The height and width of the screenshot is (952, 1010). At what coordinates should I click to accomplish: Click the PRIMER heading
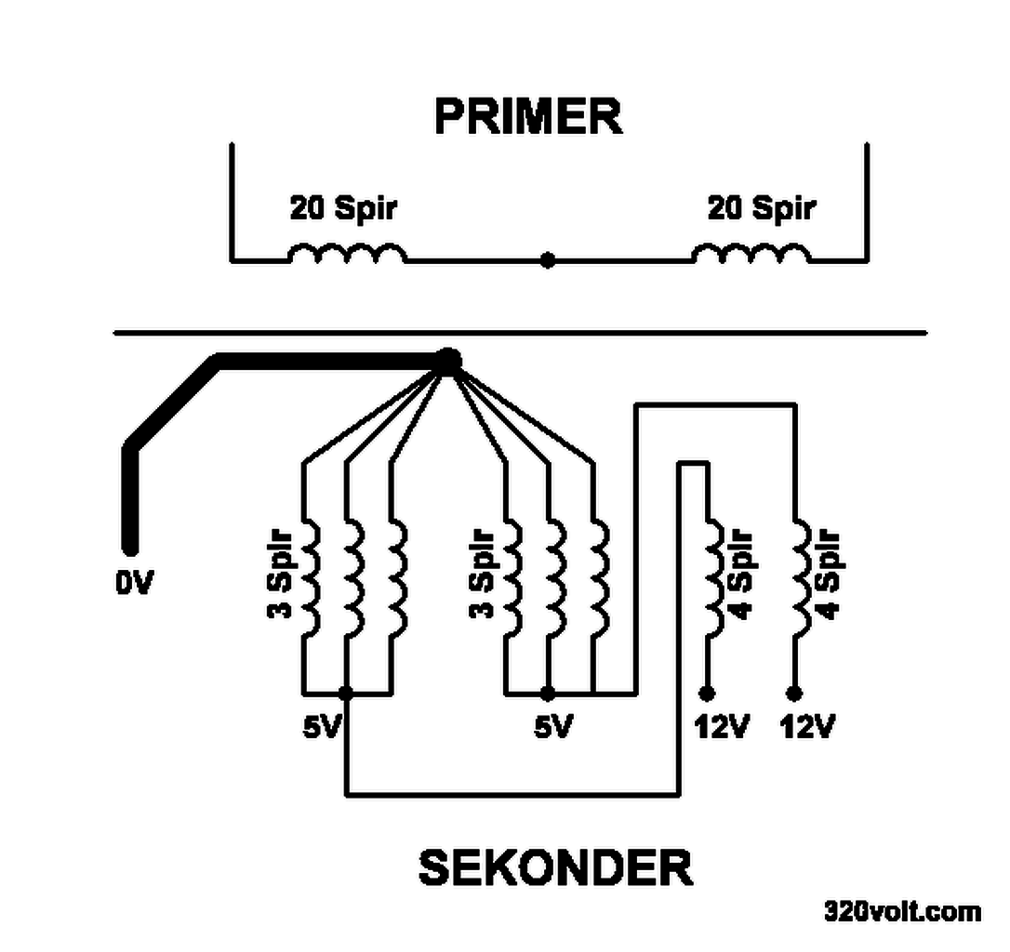click(528, 117)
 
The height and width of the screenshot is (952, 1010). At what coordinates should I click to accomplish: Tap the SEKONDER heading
click(555, 868)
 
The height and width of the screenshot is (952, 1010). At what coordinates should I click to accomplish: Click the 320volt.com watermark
click(901, 911)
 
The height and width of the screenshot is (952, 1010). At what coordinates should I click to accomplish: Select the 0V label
click(134, 583)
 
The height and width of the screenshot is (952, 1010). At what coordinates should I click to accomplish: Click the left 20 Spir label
click(343, 207)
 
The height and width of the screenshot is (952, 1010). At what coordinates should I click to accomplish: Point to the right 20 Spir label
click(762, 207)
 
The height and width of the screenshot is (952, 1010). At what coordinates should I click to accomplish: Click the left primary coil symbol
click(346, 254)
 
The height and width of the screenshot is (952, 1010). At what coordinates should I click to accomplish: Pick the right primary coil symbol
click(751, 254)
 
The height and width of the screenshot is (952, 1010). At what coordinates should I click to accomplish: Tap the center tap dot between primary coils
click(548, 261)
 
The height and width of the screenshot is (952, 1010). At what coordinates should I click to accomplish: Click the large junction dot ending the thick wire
click(448, 361)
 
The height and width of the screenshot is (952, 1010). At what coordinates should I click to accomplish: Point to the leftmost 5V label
click(323, 726)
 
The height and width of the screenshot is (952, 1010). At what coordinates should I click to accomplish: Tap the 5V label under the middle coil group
click(552, 726)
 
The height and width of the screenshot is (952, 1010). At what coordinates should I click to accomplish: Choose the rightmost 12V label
click(806, 726)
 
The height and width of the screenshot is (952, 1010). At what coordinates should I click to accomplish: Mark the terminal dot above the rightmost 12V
click(793, 694)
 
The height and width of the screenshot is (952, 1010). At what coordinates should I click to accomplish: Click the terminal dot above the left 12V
click(707, 694)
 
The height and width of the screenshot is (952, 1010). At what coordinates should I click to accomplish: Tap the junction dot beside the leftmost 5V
click(346, 694)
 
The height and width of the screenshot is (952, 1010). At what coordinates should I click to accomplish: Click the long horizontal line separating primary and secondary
click(521, 332)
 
